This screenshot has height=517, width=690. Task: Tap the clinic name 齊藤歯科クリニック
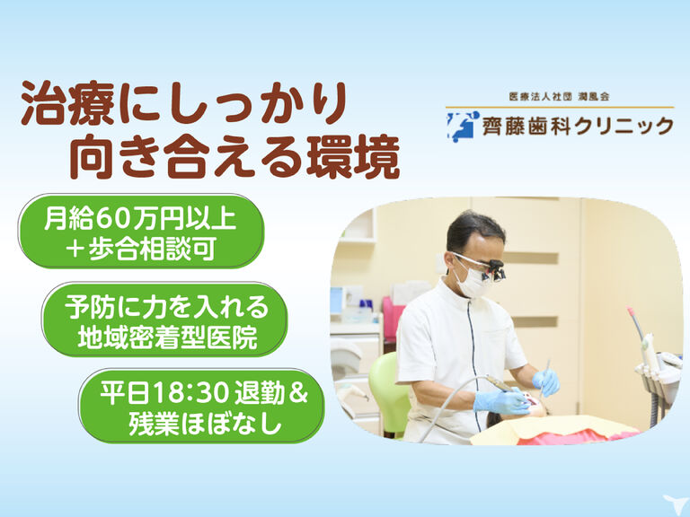tap(578, 127)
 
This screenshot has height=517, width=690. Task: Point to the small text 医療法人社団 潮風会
tap(559, 97)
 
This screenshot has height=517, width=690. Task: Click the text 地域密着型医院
tap(168, 338)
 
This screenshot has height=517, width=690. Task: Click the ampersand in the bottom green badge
tap(298, 393)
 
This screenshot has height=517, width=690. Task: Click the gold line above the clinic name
tap(560, 108)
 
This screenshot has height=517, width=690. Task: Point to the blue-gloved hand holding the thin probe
tap(545, 381)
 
